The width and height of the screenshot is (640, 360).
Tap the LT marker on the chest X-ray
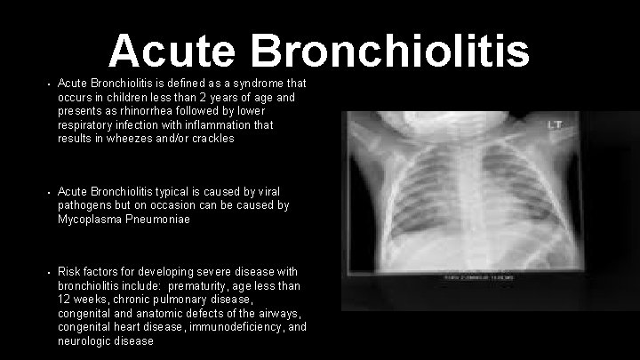[x=556, y=124]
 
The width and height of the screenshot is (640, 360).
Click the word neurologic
[x=85, y=340]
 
